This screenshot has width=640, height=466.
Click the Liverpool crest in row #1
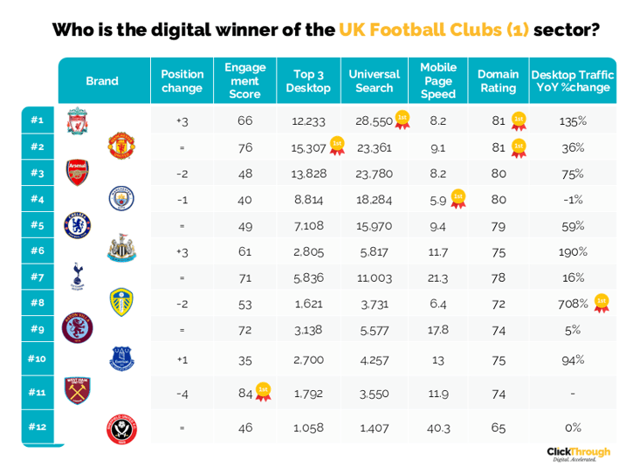tap(78, 121)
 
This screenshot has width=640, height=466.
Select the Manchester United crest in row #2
tap(120, 146)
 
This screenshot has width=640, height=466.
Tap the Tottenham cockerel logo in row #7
tap(78, 277)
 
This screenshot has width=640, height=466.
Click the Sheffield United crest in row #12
tap(120, 428)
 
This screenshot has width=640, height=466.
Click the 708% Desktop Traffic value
tap(573, 304)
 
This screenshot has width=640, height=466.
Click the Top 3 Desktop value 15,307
tap(308, 147)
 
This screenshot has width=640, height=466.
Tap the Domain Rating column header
tap(498, 81)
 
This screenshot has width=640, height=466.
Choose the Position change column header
tap(182, 81)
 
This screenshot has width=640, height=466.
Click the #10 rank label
tap(37, 358)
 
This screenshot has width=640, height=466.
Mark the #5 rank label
tap(37, 225)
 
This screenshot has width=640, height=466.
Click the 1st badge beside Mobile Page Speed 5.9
tap(458, 199)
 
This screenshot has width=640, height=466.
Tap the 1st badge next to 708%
tap(601, 303)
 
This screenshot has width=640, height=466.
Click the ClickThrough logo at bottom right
tap(578, 453)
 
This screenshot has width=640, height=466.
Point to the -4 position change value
tap(182, 394)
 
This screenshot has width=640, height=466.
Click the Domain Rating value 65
tap(498, 428)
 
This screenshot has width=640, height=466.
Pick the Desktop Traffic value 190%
tap(573, 251)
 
